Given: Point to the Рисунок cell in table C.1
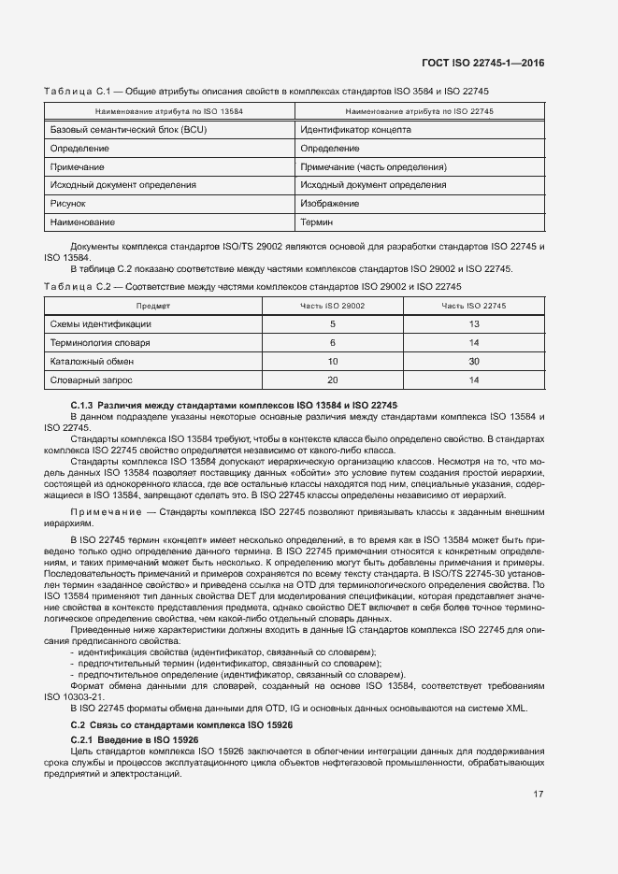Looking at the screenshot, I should coord(67,203).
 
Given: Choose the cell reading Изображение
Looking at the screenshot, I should coord(330,203).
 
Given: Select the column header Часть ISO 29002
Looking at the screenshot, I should coord(332,306).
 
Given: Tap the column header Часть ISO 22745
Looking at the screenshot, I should coord(473,306).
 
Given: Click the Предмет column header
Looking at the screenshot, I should coord(152,306).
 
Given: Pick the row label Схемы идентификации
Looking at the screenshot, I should coord(100,323).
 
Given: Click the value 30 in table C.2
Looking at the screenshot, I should coord(474,361).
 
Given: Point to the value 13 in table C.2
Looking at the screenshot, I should coord(474,323).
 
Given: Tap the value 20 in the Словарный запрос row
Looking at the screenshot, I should coord(332,380).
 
